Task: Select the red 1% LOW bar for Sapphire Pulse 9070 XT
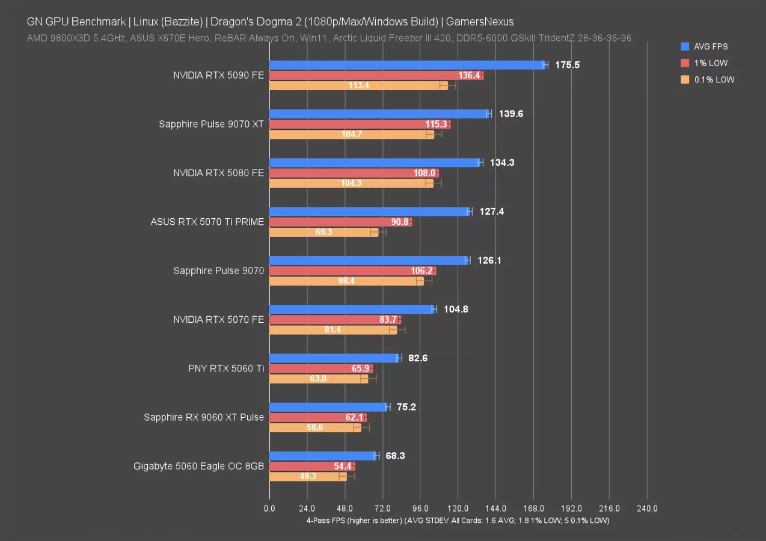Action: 359,124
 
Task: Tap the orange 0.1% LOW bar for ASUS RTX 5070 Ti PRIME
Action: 323,232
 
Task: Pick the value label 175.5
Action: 567,65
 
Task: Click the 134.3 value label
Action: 502,163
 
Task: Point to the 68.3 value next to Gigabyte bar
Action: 395,456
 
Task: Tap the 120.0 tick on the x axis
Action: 458,509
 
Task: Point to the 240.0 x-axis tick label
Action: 647,509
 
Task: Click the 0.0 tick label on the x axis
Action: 269,509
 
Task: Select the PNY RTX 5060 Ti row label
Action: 226,368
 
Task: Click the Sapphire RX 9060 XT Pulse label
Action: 204,417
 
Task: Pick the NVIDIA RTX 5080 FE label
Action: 218,173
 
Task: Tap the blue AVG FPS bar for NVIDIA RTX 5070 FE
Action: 352,310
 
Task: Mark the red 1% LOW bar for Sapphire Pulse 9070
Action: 352,271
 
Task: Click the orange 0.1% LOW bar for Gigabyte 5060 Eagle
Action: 308,477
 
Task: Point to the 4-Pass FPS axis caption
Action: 458,521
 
